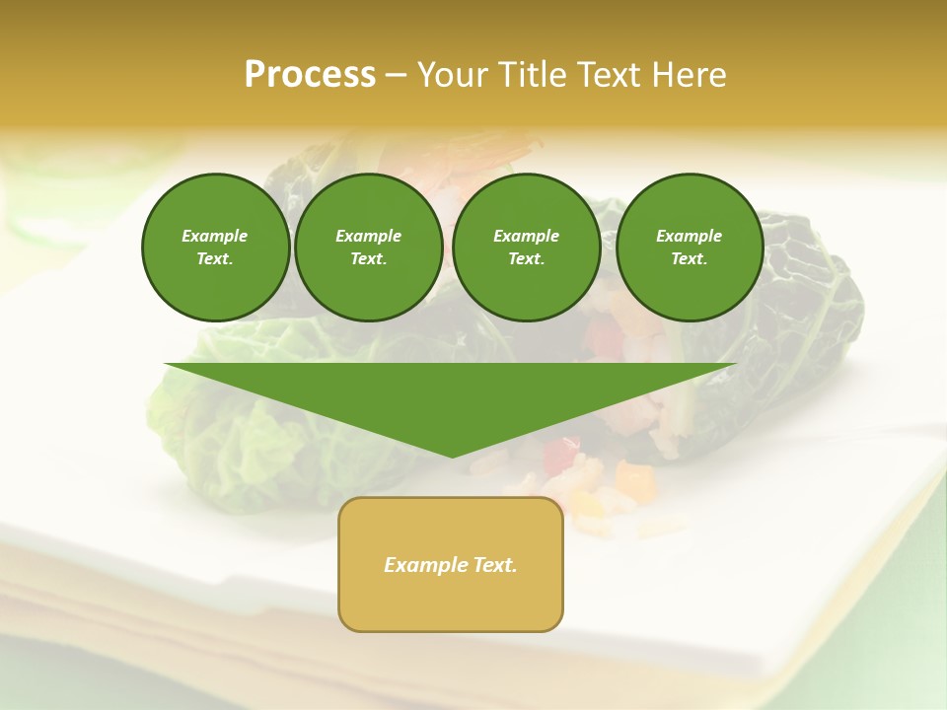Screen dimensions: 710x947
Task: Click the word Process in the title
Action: (310, 75)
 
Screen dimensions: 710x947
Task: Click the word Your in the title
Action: (453, 75)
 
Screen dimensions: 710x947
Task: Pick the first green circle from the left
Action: (215, 248)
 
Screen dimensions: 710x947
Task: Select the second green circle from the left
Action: (369, 248)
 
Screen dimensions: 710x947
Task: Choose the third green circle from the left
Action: (527, 248)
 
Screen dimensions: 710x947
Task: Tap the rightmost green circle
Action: (690, 248)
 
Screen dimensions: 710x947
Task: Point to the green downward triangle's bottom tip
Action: (452, 456)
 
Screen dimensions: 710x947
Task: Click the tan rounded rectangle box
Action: (451, 564)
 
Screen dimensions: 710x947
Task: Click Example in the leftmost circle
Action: (215, 236)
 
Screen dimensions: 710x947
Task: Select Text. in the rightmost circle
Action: (690, 259)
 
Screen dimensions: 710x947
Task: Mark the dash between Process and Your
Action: (396, 75)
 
